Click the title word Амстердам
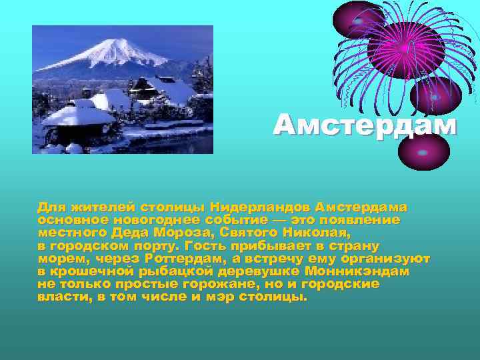(x=365, y=125)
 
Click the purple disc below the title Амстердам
(x=424, y=152)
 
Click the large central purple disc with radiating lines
(x=405, y=50)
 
